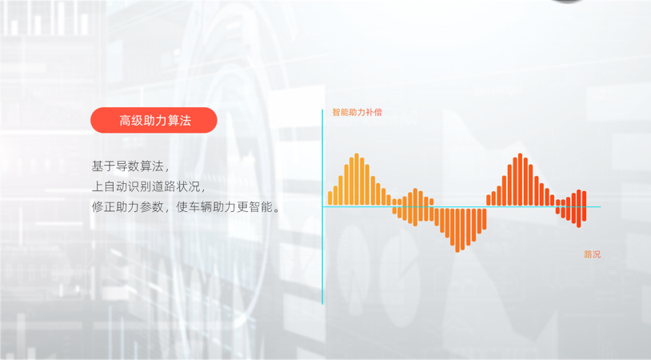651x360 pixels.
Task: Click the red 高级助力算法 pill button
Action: [154, 121]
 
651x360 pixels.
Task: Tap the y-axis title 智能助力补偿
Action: [357, 113]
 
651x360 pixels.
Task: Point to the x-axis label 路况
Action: [592, 254]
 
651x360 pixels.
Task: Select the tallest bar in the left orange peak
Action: [357, 180]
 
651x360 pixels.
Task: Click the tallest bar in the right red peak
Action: [520, 180]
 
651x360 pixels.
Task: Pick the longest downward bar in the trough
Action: [457, 230]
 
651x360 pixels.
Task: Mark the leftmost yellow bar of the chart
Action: [329, 198]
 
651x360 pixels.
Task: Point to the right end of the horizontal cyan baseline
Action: [598, 207]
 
